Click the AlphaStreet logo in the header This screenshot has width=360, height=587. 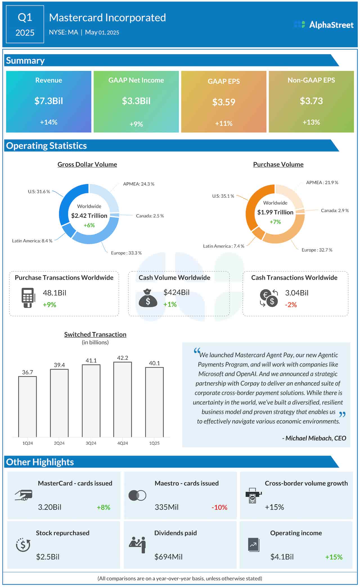(x=323, y=25)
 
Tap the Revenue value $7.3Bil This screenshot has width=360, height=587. (x=49, y=101)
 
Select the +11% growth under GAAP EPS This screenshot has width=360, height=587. (x=224, y=123)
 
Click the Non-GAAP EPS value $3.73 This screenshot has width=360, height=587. (x=311, y=101)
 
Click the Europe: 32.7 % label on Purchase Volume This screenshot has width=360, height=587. (x=317, y=250)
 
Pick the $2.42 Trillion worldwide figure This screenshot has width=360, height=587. (x=89, y=216)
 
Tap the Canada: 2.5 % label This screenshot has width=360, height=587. (x=150, y=216)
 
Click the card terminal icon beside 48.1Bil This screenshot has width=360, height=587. (x=28, y=298)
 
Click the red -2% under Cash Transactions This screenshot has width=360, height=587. (x=291, y=305)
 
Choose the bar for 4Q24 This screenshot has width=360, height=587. (x=123, y=399)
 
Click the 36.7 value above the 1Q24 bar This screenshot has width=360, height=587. (x=28, y=372)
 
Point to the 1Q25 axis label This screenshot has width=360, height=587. (x=154, y=443)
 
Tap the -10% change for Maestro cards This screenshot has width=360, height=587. (x=219, y=507)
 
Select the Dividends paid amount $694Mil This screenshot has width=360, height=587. (x=168, y=557)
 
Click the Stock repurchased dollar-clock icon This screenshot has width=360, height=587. (x=23, y=545)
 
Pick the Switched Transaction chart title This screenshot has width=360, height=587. (x=95, y=334)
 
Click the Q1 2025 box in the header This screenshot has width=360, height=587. (x=25, y=24)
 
